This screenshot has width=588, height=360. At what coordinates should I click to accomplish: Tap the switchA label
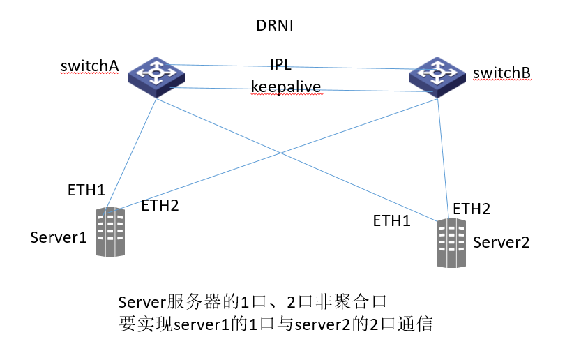(89, 66)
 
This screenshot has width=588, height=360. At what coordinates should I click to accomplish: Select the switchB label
(501, 73)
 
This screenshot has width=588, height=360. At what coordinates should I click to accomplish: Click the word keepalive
(286, 87)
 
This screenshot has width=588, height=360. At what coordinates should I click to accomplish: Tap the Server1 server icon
(110, 232)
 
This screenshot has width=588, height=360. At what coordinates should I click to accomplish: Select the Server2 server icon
(451, 243)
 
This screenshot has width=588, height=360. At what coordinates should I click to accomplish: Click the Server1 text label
(58, 237)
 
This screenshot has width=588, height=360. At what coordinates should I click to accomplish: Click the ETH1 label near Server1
(86, 190)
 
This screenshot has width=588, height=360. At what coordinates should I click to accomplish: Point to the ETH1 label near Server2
(391, 221)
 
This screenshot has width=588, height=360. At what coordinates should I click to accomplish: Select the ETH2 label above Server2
(472, 208)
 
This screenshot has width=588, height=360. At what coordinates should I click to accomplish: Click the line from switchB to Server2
(442, 153)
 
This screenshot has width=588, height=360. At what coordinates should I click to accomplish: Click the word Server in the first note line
(140, 302)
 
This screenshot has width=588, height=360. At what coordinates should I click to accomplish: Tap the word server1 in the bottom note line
(202, 325)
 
